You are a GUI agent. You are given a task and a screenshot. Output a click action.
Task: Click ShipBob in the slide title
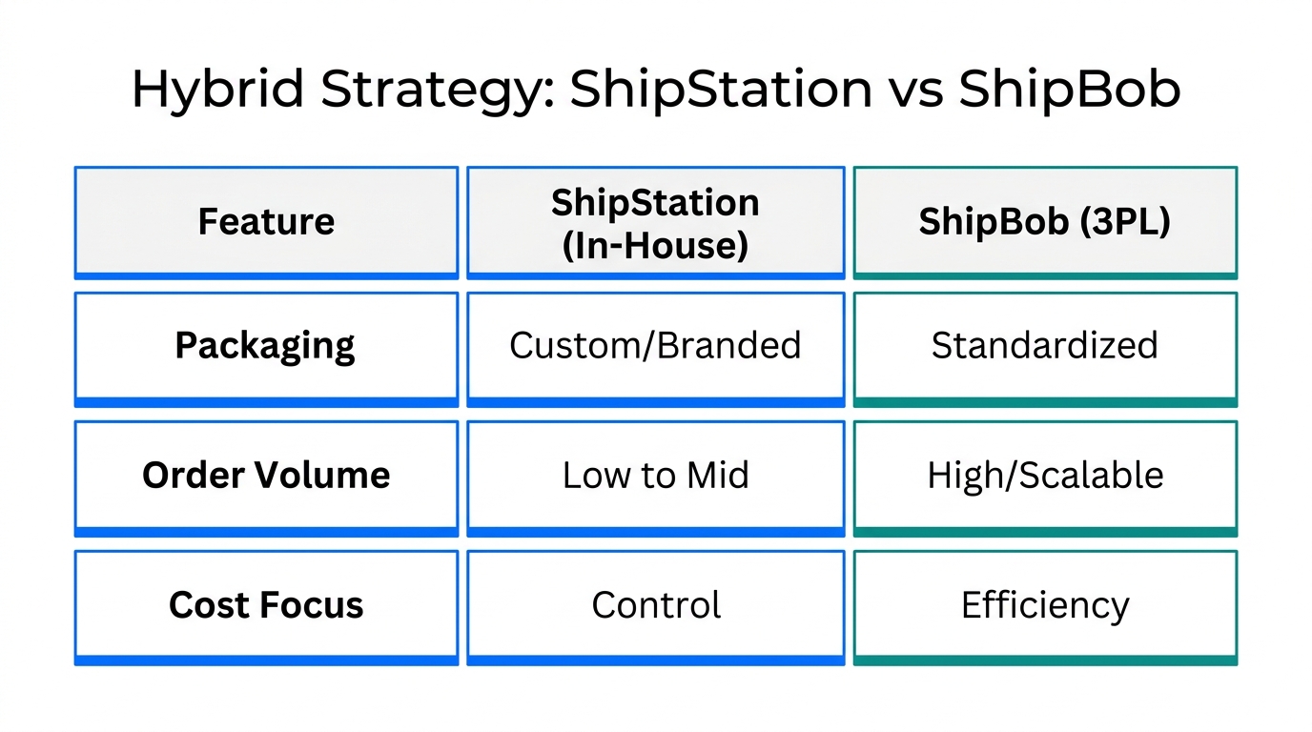(x=1070, y=90)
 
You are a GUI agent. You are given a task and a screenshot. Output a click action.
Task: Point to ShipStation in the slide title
(x=722, y=90)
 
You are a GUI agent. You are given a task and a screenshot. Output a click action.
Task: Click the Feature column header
(x=266, y=222)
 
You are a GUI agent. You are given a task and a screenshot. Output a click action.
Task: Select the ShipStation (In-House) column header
(x=655, y=223)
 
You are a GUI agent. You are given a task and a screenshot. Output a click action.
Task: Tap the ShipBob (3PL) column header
(x=1045, y=222)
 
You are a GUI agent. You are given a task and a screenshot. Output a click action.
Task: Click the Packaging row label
(x=266, y=345)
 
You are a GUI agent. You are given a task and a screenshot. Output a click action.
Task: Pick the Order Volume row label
(x=266, y=475)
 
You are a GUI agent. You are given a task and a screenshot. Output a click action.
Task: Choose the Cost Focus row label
(x=266, y=605)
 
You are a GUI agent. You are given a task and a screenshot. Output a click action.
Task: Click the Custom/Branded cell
(x=655, y=345)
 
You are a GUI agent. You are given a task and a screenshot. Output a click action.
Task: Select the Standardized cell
(x=1045, y=345)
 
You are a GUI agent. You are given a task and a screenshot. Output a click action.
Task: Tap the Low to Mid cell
(x=655, y=475)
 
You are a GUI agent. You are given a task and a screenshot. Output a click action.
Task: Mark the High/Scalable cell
(x=1045, y=475)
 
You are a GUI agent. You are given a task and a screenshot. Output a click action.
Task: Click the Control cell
(x=655, y=605)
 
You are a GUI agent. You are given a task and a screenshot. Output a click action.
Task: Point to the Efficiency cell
(x=1045, y=605)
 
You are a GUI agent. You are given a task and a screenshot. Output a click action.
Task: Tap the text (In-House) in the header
(x=655, y=245)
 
